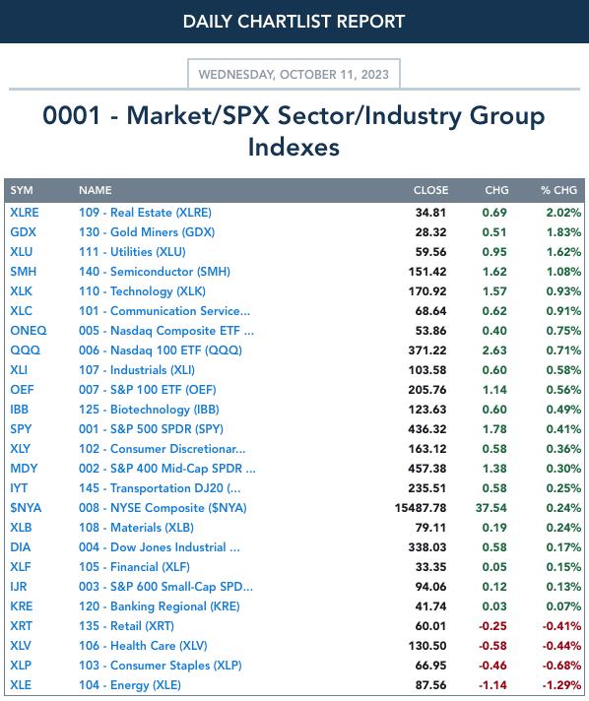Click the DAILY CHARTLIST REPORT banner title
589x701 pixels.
tap(294, 22)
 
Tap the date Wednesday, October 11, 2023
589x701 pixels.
tap(294, 74)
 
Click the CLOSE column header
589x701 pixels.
tap(430, 190)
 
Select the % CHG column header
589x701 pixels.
tap(558, 190)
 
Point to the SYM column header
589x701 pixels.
tap(22, 190)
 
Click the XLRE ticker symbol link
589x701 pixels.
tap(25, 213)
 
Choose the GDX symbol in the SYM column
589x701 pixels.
tap(24, 232)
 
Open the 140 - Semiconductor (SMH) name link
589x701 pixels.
tap(155, 272)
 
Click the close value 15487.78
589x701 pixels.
tap(421, 508)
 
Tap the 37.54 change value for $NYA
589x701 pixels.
tap(491, 508)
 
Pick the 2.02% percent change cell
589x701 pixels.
tap(563, 213)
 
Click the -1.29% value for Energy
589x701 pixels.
tap(561, 685)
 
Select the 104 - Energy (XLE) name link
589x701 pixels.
tap(130, 685)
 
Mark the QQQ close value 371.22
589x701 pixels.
tap(427, 350)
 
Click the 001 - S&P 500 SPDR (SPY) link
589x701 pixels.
tap(151, 428)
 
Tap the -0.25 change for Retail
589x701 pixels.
tap(492, 626)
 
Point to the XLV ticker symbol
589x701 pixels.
tap(21, 646)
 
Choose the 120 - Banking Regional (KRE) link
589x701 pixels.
tap(160, 606)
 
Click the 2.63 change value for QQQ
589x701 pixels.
tap(494, 350)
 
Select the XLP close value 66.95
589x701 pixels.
tap(430, 666)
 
